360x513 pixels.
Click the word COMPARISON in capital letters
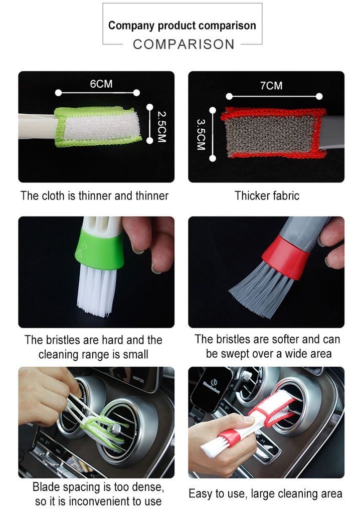point(184,44)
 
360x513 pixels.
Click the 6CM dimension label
point(101,84)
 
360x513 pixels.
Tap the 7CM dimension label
point(271,86)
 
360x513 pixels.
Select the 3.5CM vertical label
point(201,134)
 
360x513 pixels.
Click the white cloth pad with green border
point(98,126)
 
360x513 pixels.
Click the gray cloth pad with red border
point(274,132)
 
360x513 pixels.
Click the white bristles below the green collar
point(97,290)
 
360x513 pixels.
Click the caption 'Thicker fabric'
point(267,196)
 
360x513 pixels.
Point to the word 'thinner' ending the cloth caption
point(152,196)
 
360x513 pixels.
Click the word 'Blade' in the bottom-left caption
point(46,487)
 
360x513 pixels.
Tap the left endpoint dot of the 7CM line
point(229,97)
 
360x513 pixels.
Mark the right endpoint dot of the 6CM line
point(136,93)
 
